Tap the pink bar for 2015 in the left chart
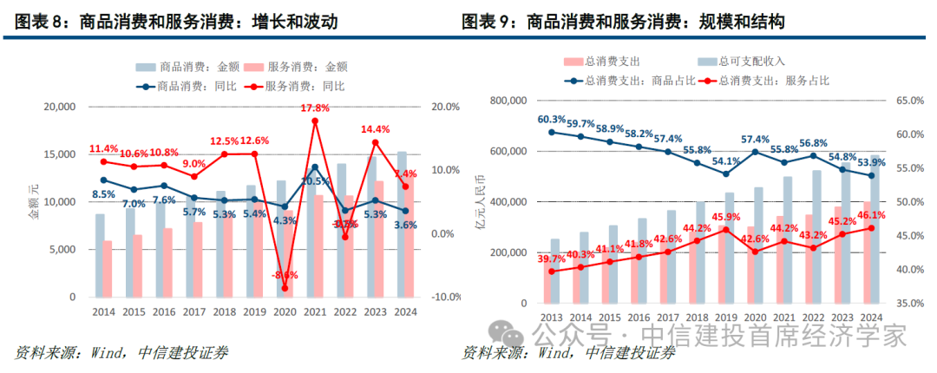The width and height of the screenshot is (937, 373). tap(136, 265)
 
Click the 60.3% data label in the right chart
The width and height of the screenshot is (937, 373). tap(551, 120)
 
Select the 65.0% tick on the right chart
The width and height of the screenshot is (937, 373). tap(908, 101)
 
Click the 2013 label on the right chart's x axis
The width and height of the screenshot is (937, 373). tap(552, 317)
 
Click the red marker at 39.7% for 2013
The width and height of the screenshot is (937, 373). tap(552, 272)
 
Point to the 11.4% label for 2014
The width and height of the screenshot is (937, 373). tap(103, 148)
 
